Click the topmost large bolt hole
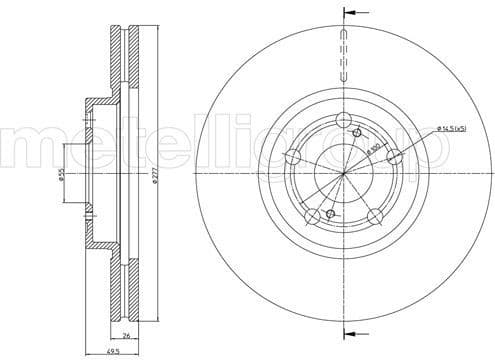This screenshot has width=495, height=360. tap(343, 121)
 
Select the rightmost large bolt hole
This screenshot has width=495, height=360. tap(394, 156)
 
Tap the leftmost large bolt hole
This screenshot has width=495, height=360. tap(293, 157)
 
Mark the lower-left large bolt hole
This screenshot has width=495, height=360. tap(312, 216)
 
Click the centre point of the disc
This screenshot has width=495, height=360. tap(343, 174)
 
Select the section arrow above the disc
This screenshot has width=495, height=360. tap(349, 14)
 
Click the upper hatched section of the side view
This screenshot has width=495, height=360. tap(124, 60)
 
